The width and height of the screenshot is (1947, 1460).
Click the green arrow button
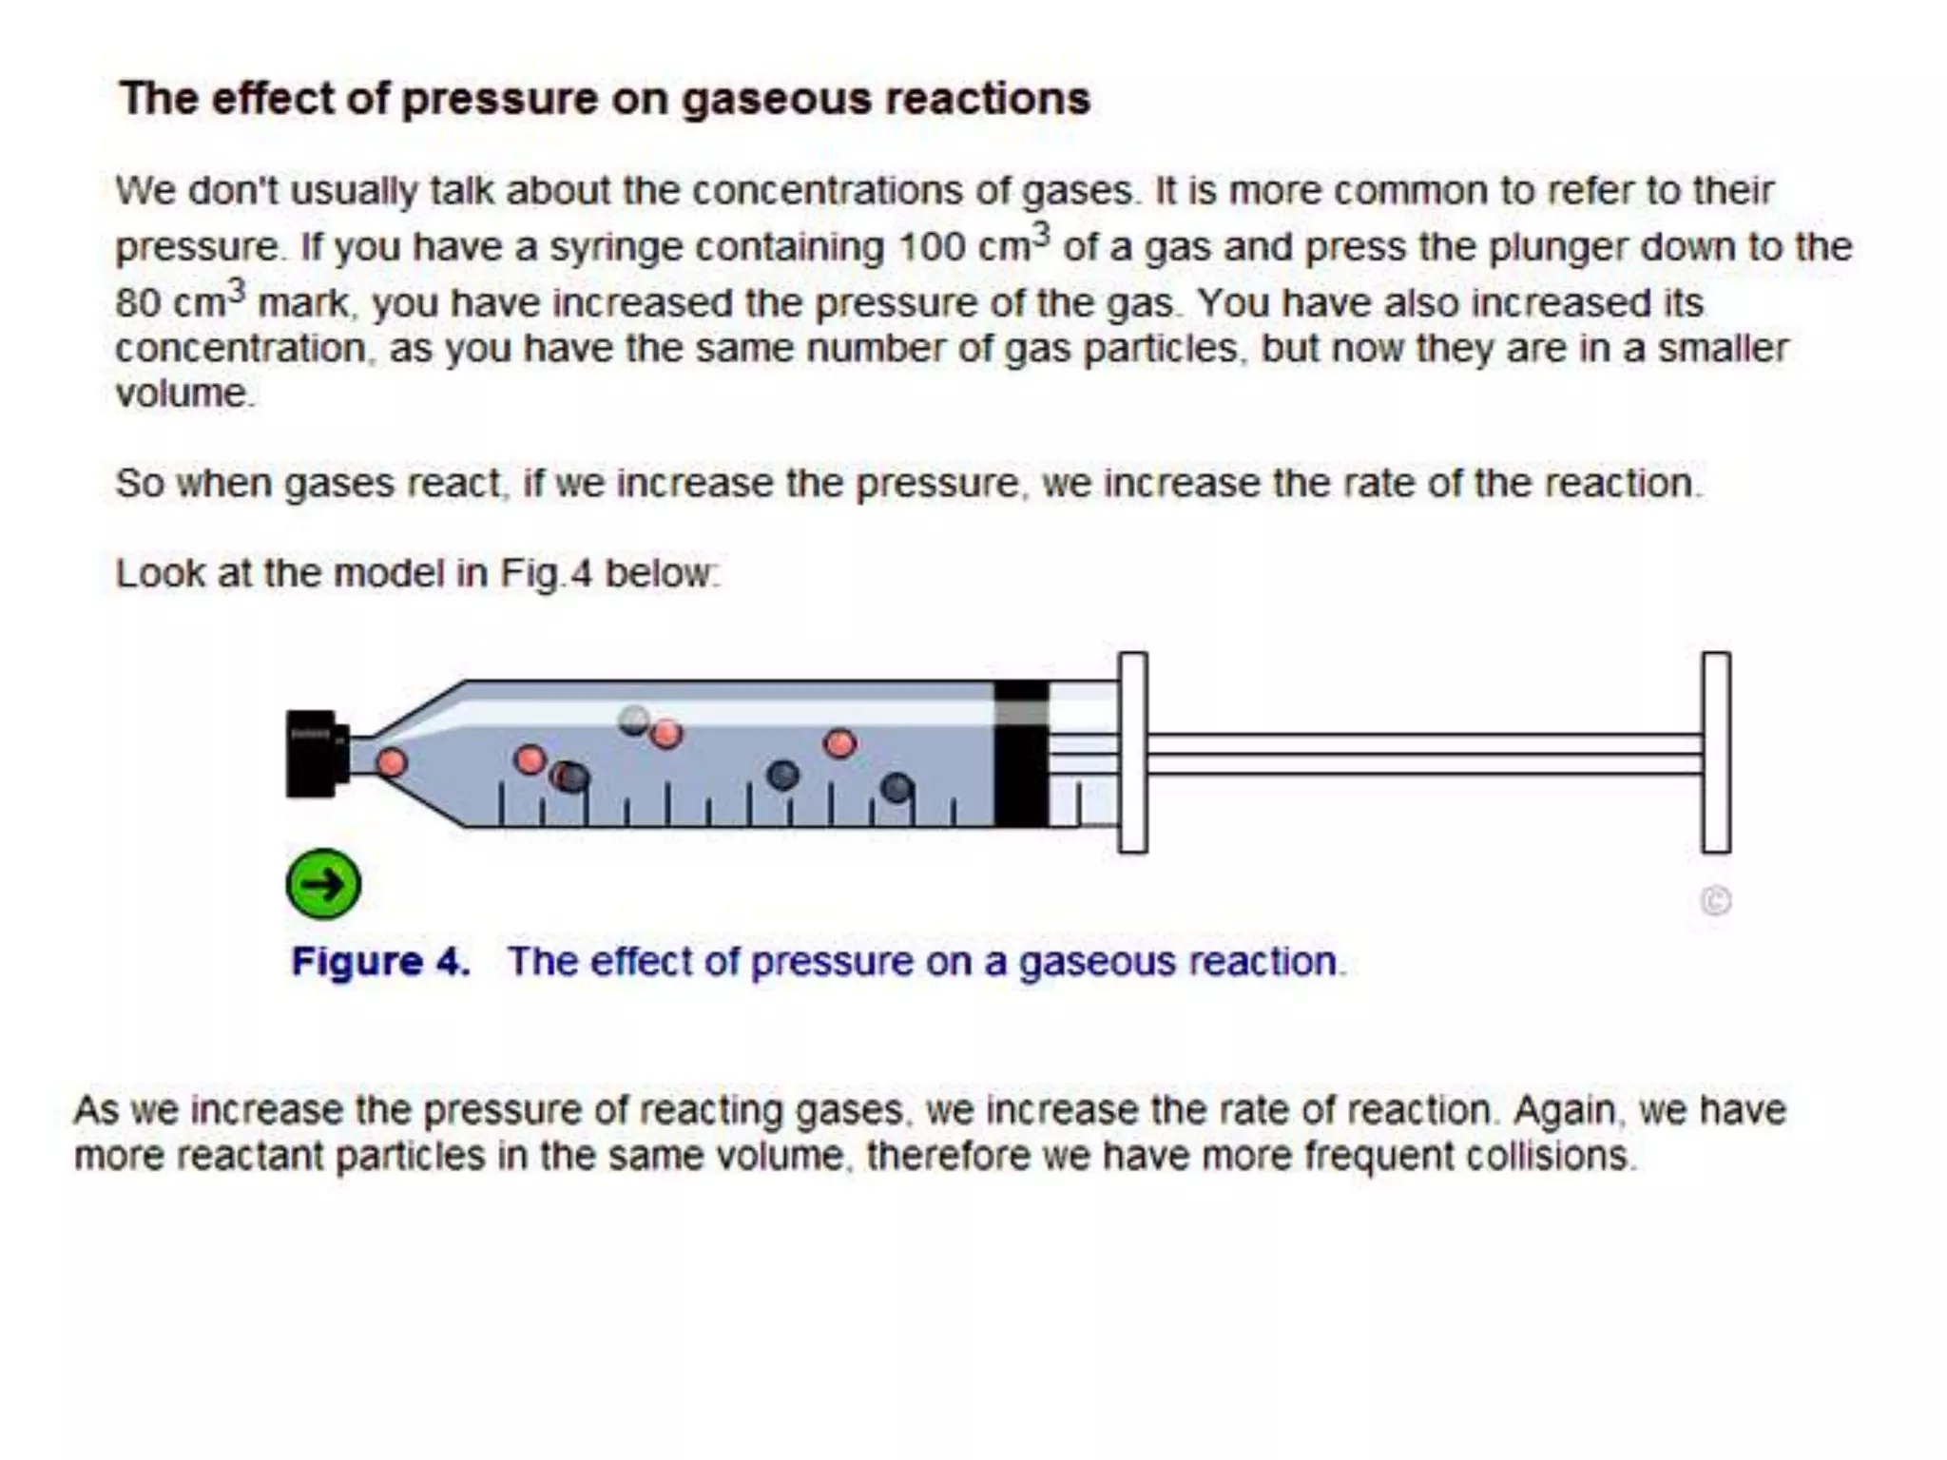tap(323, 884)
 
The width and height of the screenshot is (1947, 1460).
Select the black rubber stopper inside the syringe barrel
tap(1021, 753)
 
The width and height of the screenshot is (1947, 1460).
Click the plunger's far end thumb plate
tap(1716, 752)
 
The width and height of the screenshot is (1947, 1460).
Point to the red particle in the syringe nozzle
tap(392, 762)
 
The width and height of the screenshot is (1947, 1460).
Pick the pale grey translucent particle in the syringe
tap(634, 720)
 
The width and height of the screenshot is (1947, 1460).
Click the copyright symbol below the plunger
tap(1716, 900)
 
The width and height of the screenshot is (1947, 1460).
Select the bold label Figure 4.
tap(380, 962)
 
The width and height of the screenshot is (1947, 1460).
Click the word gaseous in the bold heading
tap(777, 99)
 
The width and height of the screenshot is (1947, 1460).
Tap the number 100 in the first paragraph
tap(931, 248)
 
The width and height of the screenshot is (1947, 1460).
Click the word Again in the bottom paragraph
tap(1564, 1110)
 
